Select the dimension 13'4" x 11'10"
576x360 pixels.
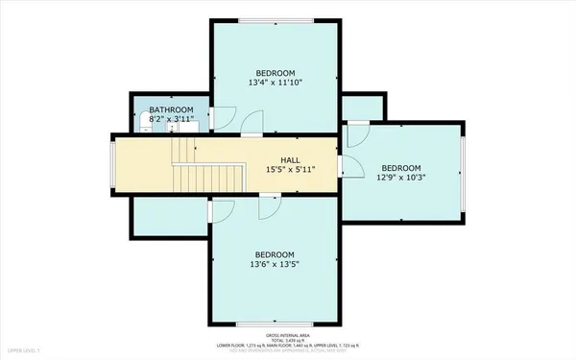pyautogui.click(x=275, y=83)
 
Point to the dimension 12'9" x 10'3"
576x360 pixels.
pyautogui.click(x=400, y=176)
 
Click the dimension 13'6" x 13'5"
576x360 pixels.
pyautogui.click(x=275, y=264)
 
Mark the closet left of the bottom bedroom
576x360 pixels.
pyautogui.click(x=171, y=217)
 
